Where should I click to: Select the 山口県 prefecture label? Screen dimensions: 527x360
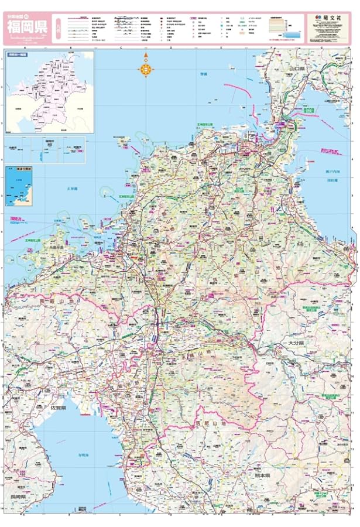pos(297,69)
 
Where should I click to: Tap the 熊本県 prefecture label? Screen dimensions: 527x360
pos(259,475)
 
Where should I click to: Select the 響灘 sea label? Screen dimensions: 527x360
pos(203,74)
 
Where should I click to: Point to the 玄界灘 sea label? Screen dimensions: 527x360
pos(73,189)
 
